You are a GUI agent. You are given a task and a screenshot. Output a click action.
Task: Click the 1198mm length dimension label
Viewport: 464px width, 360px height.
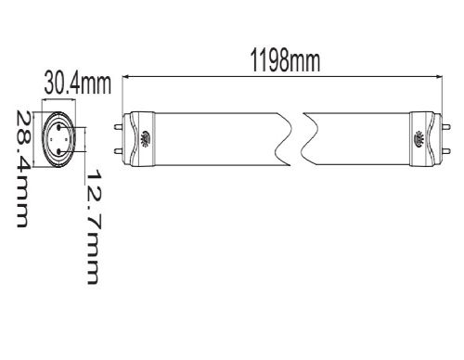(285, 61)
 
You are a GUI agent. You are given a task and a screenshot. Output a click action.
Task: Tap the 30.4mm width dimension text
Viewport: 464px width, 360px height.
(78, 83)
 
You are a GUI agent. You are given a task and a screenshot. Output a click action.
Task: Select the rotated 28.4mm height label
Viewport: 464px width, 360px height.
(23, 169)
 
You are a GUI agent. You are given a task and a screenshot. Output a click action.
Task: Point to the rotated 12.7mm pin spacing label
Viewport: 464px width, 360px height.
(93, 226)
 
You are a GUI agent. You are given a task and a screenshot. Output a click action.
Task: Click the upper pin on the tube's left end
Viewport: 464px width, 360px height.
(119, 127)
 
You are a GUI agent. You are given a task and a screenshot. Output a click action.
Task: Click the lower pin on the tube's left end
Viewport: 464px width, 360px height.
(119, 151)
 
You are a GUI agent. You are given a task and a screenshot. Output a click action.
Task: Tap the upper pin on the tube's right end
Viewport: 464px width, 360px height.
(446, 126)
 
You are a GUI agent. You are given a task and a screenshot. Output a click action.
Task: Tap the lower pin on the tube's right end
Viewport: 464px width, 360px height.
(446, 151)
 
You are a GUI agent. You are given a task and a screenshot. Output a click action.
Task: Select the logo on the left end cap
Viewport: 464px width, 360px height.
(146, 139)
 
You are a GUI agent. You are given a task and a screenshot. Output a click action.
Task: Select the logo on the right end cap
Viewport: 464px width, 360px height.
(419, 139)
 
